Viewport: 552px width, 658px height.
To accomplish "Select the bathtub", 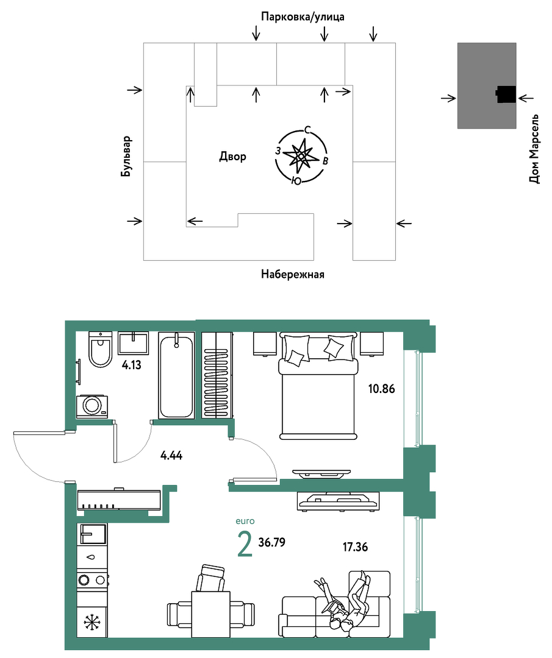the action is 176,375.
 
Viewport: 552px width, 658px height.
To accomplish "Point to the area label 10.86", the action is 381,389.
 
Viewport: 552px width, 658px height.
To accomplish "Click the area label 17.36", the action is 355,547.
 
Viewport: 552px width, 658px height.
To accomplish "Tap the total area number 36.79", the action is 272,542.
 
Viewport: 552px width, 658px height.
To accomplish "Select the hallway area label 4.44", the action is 171,455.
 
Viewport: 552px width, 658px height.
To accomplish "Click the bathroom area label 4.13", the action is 132,365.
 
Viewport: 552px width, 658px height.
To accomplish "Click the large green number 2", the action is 245,543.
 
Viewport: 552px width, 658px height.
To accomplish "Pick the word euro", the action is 245,521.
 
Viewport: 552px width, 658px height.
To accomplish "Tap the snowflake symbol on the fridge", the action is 90,622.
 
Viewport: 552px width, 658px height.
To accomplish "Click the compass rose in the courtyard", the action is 301,156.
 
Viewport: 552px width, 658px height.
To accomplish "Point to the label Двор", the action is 233,157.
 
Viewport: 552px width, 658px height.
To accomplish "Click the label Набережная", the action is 292,274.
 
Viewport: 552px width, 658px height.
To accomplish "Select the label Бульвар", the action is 126,156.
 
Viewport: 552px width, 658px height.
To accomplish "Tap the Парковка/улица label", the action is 303,17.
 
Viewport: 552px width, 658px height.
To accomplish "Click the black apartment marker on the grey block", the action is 506,94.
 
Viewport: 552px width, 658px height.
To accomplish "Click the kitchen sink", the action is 93,534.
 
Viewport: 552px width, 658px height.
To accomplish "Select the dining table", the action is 211,614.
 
